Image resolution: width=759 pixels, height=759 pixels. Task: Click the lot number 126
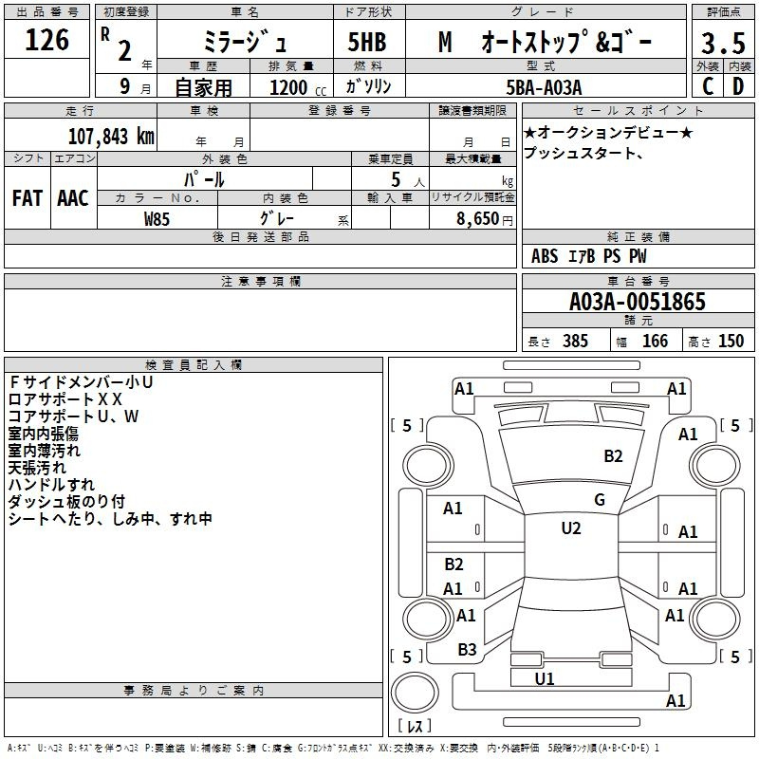click(x=46, y=40)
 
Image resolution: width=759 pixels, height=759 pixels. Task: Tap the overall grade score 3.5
click(x=723, y=43)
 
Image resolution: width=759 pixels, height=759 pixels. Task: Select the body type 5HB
click(x=367, y=42)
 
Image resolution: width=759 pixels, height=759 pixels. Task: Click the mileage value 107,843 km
click(x=111, y=137)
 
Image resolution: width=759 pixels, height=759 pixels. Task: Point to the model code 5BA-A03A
click(x=544, y=87)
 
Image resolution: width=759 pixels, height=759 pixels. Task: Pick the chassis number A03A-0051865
click(x=637, y=302)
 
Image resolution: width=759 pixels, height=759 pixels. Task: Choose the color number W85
click(x=157, y=219)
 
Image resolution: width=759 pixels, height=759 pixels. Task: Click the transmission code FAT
click(x=28, y=198)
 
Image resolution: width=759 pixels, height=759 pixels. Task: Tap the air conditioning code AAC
click(x=73, y=198)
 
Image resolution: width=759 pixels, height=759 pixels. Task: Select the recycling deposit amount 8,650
click(x=478, y=218)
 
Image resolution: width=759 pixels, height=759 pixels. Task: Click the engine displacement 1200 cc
click(x=298, y=87)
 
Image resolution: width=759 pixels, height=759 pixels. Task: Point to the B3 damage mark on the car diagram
click(x=467, y=650)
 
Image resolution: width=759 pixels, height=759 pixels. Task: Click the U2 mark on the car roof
click(x=571, y=528)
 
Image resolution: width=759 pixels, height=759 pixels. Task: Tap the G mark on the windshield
click(x=600, y=499)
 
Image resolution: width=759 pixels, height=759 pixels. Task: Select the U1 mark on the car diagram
click(x=544, y=678)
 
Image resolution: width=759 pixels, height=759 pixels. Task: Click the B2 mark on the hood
click(x=613, y=456)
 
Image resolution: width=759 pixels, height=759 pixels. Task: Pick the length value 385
click(x=575, y=341)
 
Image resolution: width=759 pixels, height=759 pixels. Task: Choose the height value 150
click(x=731, y=341)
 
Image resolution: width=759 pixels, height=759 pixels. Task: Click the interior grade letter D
click(x=738, y=86)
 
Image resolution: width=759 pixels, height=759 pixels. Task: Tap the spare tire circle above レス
click(x=415, y=693)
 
